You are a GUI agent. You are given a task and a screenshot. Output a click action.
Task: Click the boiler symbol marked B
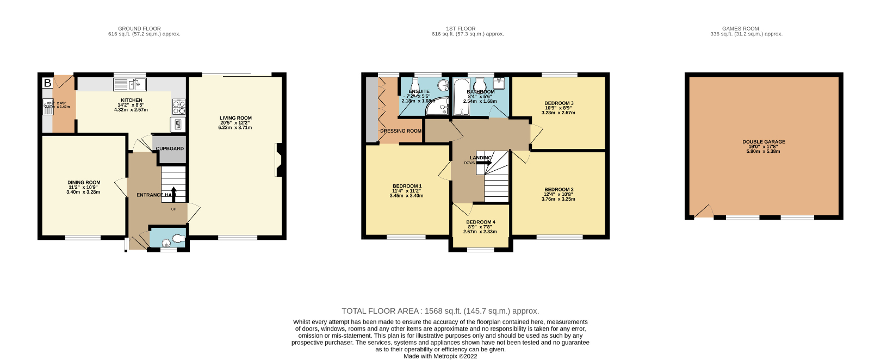[x=48, y=83]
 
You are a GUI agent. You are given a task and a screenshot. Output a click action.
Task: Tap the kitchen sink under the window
[x=130, y=84]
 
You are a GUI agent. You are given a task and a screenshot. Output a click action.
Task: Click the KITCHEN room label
[x=132, y=100]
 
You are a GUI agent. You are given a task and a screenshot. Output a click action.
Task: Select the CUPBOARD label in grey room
[x=170, y=148]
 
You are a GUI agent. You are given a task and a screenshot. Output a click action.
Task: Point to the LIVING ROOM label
[x=235, y=118]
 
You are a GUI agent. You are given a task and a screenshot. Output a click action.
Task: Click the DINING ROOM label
[x=84, y=183]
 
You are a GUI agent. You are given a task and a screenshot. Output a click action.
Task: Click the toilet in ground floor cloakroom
[x=178, y=238]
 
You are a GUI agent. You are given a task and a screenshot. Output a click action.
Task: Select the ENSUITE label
[x=419, y=91]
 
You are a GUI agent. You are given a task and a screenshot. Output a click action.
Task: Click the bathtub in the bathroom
[x=461, y=98]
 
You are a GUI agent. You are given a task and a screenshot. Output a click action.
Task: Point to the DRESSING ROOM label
[x=401, y=131]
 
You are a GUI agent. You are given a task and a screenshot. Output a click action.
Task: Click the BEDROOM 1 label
[x=407, y=186]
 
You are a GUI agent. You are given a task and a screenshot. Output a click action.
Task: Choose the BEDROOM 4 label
[x=480, y=222]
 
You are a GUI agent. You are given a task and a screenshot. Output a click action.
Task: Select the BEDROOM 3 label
[x=559, y=103]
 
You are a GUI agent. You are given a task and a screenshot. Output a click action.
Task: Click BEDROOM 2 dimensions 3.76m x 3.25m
[x=558, y=199]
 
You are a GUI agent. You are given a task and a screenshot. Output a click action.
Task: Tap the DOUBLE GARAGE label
[x=764, y=142]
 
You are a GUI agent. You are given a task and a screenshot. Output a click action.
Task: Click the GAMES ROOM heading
[x=740, y=28]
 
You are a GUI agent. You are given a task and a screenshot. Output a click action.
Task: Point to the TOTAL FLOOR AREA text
[x=440, y=311]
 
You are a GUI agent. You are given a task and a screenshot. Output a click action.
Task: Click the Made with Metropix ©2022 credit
[x=440, y=356]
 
